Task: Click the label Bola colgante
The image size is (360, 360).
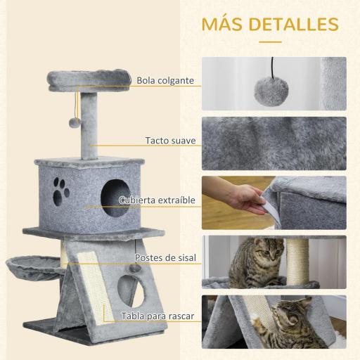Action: pos(165,80)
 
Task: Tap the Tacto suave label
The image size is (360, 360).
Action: pos(170,140)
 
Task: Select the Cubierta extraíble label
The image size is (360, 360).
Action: pos(157,200)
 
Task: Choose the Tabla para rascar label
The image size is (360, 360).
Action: pos(159,316)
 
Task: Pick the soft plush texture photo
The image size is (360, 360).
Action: pos(274,143)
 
